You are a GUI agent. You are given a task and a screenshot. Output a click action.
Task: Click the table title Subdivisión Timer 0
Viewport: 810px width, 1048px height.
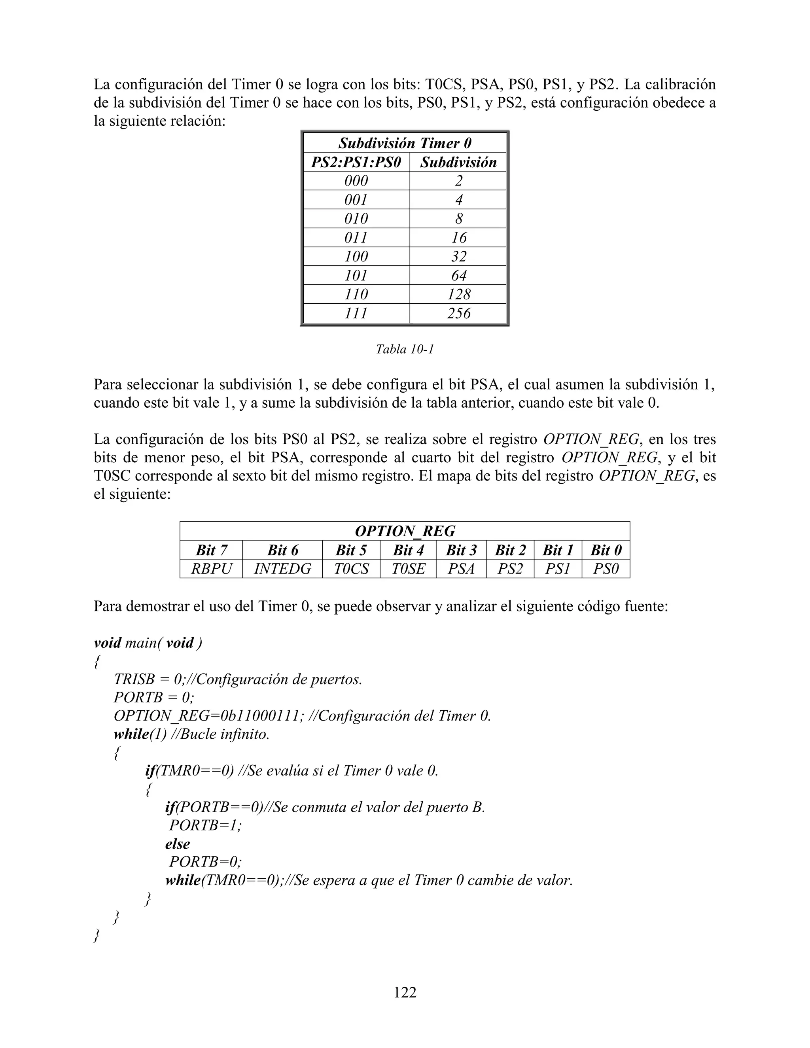coord(405,143)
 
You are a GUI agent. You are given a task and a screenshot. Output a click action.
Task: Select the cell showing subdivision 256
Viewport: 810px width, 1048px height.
coord(458,313)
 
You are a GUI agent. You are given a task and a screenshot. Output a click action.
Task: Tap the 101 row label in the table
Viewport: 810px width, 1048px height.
coord(356,275)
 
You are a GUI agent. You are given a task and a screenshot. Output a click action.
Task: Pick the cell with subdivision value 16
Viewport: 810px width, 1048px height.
coord(458,238)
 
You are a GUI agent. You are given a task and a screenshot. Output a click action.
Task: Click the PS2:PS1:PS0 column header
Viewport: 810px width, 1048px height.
coord(356,162)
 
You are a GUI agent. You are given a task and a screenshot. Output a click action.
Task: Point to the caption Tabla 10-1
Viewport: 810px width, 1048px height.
coord(405,349)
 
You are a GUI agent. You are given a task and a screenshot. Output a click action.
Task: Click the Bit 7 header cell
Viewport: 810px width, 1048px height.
coord(211,550)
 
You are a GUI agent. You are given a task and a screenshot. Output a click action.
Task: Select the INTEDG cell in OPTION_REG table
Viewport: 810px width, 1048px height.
coord(282,569)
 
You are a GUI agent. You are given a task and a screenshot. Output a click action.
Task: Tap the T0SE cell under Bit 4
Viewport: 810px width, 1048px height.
coord(408,569)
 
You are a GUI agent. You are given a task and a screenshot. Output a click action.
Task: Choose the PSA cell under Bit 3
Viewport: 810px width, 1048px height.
coord(461,569)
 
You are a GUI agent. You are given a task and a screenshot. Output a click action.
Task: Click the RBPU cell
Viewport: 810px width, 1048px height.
coord(211,569)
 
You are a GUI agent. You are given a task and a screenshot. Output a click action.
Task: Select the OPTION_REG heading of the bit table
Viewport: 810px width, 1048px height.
coord(405,531)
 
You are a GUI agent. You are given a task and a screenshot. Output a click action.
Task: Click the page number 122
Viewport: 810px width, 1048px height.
coord(405,992)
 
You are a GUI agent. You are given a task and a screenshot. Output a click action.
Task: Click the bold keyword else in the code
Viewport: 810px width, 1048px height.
coord(178,844)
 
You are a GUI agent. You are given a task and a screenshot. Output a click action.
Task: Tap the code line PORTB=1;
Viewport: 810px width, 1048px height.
coord(205,825)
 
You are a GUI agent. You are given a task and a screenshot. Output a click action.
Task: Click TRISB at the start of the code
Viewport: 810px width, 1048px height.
coord(134,679)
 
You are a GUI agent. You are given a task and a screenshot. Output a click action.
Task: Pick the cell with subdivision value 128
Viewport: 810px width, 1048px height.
coord(458,294)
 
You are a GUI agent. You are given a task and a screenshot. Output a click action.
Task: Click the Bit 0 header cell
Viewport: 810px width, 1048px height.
coord(606,550)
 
